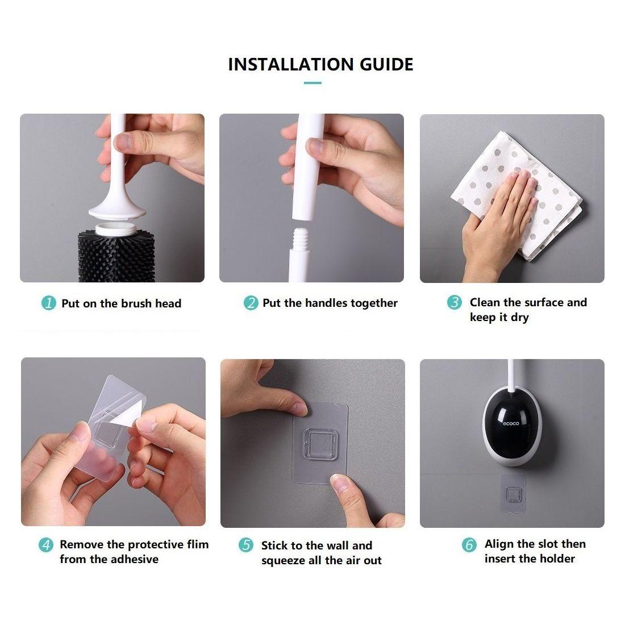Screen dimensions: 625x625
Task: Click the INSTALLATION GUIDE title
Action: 320,64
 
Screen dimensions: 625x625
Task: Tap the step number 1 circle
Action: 49,303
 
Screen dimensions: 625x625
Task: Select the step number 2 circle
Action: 251,303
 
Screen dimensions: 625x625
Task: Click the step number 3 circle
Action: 454,302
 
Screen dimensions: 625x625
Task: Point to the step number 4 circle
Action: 46,545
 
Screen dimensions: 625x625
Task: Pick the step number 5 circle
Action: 245,545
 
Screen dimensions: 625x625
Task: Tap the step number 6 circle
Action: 469,545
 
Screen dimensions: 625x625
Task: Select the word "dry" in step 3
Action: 519,318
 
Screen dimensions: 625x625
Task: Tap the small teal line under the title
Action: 312,83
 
